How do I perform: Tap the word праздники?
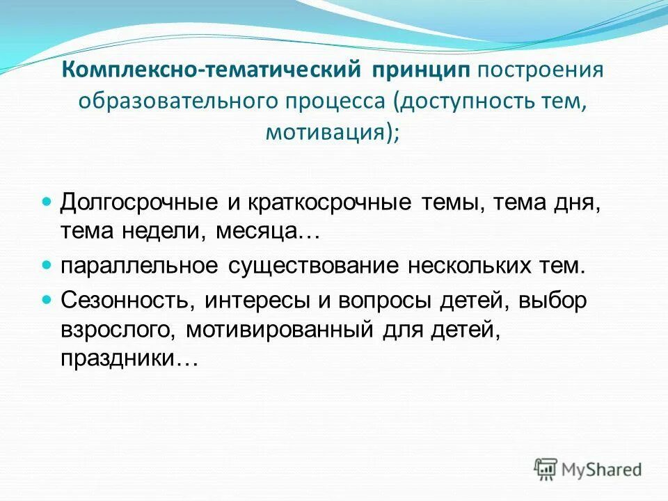(x=120, y=360)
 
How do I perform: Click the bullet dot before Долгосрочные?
(x=47, y=201)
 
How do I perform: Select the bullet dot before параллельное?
(x=47, y=265)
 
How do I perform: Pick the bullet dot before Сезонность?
(x=47, y=299)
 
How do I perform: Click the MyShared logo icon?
(x=546, y=469)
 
